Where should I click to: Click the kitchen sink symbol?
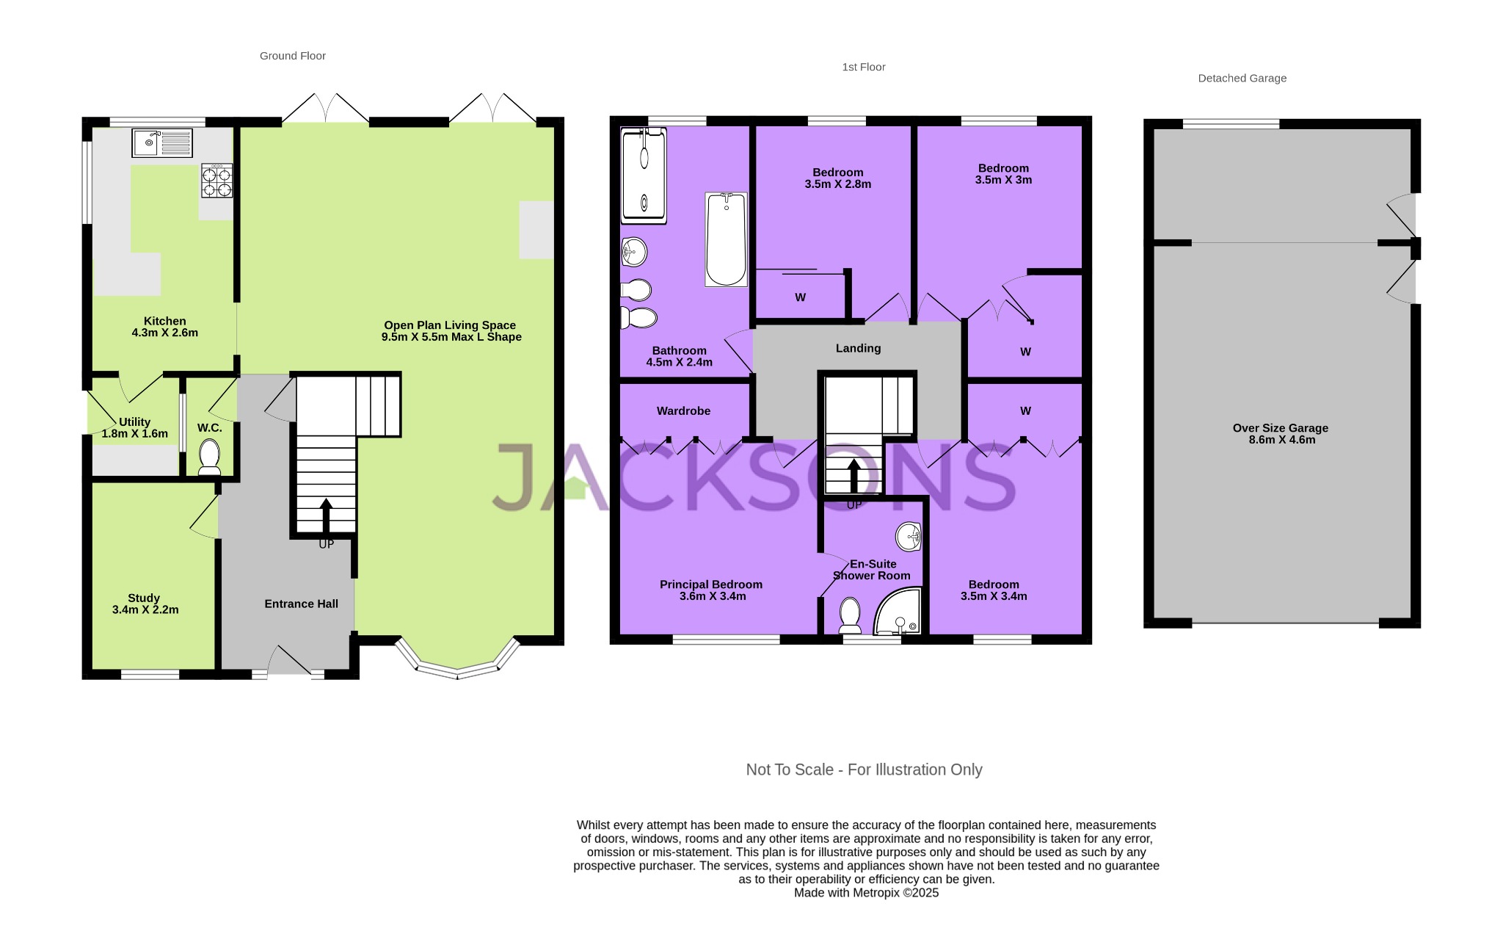tap(162, 143)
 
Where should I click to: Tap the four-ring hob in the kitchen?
tap(217, 181)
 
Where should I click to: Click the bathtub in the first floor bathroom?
tap(726, 239)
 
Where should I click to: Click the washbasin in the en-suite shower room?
tap(909, 537)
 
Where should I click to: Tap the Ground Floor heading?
tap(292, 56)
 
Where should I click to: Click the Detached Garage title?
tap(1242, 79)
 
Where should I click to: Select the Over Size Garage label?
tap(1280, 428)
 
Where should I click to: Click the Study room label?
tap(144, 598)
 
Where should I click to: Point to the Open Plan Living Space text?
tap(450, 325)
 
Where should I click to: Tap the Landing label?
tap(858, 348)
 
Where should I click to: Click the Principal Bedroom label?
tap(710, 584)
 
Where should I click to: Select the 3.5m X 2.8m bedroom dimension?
tap(837, 184)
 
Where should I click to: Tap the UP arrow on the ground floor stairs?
tap(326, 513)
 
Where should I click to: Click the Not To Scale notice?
tap(864, 770)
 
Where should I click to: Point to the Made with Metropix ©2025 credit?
tap(866, 893)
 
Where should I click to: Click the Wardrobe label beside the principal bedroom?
tap(683, 411)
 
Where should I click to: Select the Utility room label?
tap(134, 422)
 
